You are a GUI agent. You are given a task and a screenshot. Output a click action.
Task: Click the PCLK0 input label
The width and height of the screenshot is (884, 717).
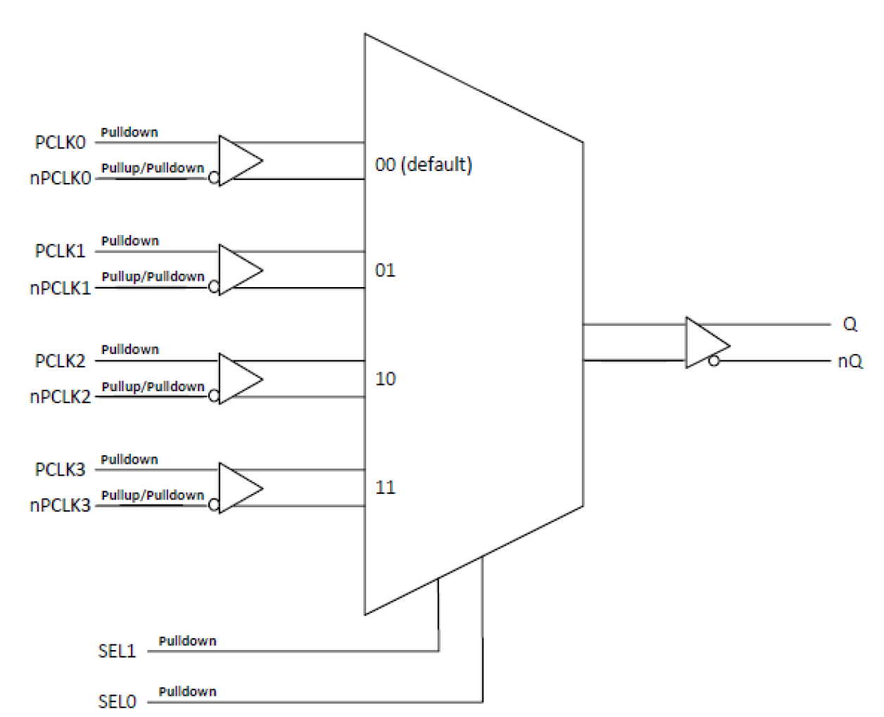click(x=60, y=142)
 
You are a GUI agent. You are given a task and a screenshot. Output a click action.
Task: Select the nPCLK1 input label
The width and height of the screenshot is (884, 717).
click(x=60, y=288)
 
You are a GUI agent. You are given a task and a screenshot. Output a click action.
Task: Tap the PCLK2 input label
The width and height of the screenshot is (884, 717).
click(x=60, y=361)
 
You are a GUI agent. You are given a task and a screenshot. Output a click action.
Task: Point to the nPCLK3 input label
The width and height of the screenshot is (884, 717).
click(x=60, y=505)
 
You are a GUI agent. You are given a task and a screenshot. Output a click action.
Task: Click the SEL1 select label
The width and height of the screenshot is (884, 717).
click(x=117, y=651)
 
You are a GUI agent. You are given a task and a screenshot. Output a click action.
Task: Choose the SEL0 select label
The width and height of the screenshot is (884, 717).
click(x=117, y=702)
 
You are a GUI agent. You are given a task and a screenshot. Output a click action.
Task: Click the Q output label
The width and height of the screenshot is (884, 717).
click(x=850, y=324)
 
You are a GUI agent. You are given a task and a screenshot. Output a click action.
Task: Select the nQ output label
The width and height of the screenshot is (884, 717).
click(x=850, y=361)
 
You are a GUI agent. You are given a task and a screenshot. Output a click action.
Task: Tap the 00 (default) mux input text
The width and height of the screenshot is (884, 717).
click(x=423, y=165)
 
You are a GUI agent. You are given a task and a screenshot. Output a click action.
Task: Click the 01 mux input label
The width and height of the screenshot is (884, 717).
click(x=385, y=270)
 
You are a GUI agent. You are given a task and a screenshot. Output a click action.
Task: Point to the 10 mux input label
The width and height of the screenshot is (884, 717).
click(x=385, y=379)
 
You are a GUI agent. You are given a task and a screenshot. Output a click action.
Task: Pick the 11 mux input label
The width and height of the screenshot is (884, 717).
click(x=385, y=487)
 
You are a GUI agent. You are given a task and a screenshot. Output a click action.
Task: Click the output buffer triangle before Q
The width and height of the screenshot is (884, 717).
click(x=704, y=343)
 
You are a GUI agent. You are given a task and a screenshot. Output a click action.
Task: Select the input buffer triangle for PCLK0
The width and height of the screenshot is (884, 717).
click(x=238, y=161)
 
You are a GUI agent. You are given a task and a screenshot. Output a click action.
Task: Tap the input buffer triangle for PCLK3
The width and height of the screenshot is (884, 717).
click(x=238, y=488)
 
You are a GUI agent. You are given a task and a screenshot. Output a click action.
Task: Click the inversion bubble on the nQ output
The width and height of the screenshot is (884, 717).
click(x=714, y=361)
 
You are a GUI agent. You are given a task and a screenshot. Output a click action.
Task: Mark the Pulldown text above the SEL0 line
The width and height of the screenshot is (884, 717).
click(x=187, y=692)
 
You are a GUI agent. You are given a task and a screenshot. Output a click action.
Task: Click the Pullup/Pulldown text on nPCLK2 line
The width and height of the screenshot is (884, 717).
click(x=153, y=386)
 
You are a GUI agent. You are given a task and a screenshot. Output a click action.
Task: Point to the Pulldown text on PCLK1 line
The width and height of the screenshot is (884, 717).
click(x=130, y=241)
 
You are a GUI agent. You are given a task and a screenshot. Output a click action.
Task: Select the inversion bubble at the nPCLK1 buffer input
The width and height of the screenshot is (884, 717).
click(x=213, y=286)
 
